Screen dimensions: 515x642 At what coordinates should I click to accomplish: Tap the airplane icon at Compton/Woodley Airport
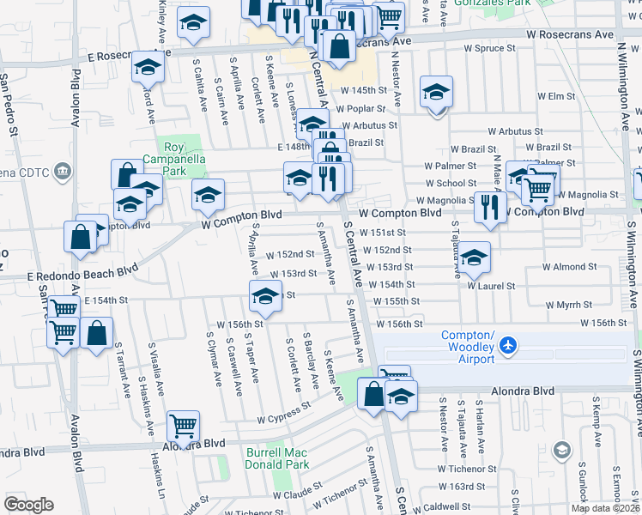pos(509,345)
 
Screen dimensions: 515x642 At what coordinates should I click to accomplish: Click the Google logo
pos(28,505)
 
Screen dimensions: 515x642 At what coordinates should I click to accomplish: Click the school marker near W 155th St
pos(265,297)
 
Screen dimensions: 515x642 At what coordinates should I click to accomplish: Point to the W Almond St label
pos(563,267)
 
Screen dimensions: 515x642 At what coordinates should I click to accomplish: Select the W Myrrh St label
pos(569,305)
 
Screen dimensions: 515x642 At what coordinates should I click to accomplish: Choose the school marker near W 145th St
pos(436,91)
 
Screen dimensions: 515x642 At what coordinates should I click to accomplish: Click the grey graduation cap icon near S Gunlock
pos(562,450)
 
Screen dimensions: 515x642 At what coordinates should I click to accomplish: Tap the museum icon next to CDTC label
pos(62,172)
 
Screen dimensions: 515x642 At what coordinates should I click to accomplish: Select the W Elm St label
pos(555,96)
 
